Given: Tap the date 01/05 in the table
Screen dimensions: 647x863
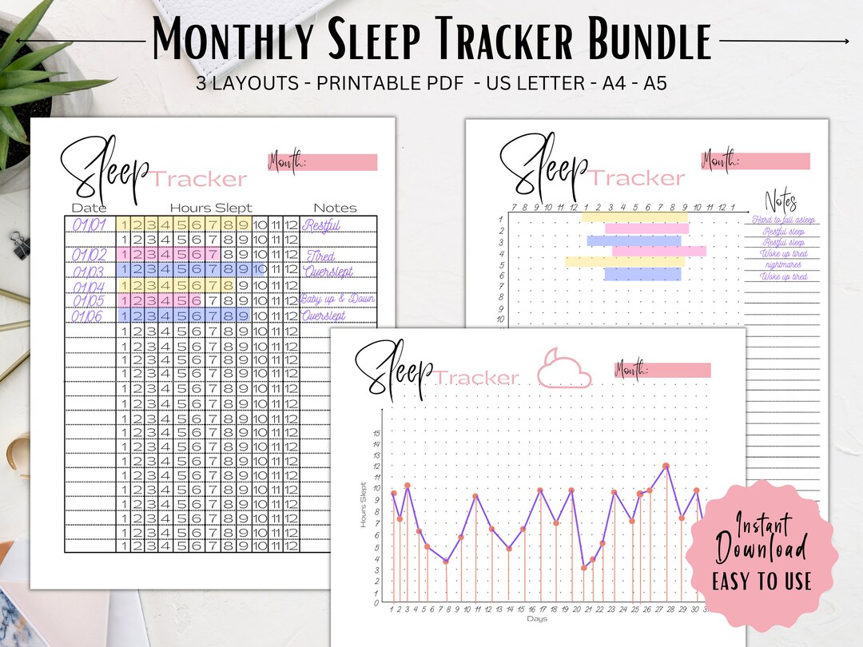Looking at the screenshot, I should (89, 300).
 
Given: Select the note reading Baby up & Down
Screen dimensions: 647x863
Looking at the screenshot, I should (338, 300).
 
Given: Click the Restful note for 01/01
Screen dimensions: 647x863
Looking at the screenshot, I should (321, 225).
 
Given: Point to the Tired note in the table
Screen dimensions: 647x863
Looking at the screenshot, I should (320, 256).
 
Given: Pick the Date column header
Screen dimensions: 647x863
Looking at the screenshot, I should (89, 208).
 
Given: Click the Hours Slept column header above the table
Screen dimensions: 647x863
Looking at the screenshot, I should (210, 208).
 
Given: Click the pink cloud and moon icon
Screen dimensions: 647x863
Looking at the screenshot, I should (563, 368).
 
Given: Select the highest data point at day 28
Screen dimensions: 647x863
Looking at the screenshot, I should (666, 466).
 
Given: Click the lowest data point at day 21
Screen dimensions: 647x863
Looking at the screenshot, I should (584, 568).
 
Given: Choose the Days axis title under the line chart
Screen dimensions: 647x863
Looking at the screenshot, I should (537, 619).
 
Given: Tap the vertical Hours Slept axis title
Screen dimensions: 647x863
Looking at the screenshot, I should (364, 504).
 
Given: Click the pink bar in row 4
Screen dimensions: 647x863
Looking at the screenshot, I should (658, 252).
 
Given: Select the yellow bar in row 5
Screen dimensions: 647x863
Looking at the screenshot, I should (625, 262).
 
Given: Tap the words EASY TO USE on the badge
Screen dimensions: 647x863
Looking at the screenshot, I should (761, 581).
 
